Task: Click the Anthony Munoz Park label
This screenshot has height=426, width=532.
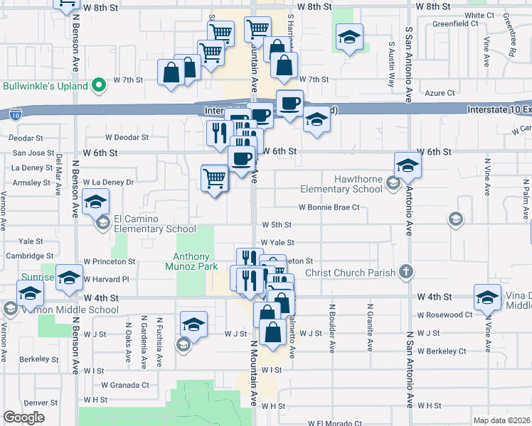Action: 192,261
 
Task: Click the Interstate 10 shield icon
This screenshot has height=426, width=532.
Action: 16,114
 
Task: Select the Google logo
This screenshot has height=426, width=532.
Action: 24,417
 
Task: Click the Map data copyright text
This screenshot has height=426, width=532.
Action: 501,420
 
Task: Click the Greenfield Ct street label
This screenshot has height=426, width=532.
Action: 456,23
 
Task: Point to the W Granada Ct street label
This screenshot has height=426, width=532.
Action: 124,386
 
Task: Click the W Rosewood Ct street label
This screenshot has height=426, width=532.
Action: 445,315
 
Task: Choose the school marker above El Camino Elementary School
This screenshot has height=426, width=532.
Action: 95,202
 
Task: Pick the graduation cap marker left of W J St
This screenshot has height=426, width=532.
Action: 193,324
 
